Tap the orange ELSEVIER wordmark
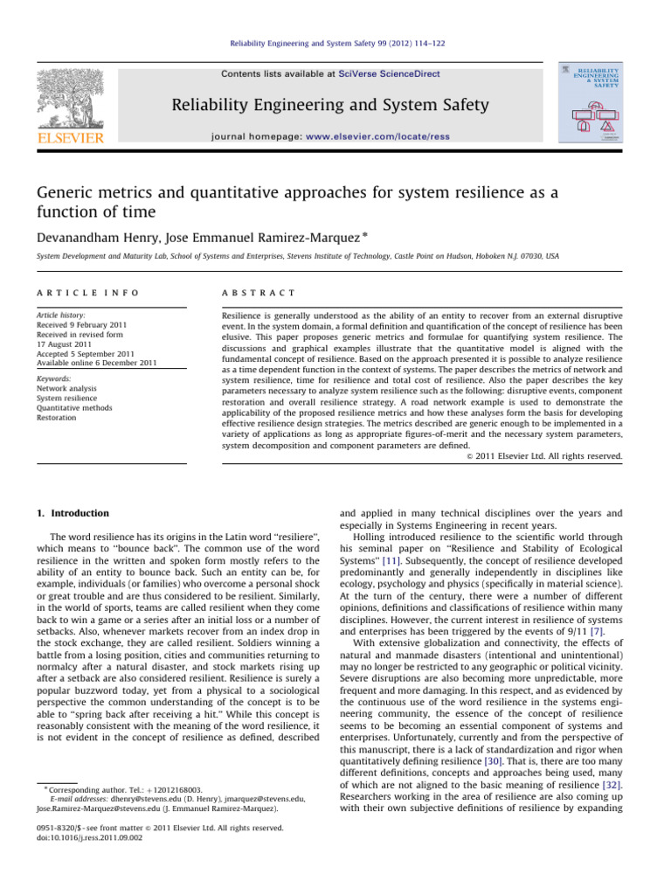(x=69, y=137)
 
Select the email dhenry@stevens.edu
(x=133, y=822)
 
